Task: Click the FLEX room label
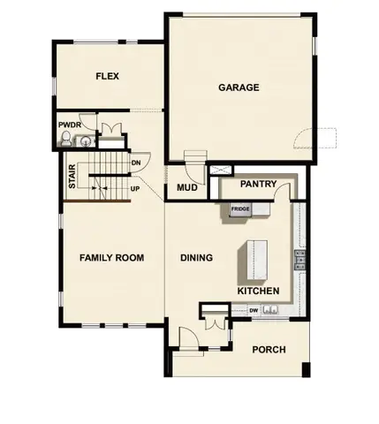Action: (x=107, y=77)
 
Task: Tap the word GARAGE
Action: (x=239, y=87)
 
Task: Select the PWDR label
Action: (x=70, y=125)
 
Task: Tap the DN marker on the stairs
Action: (x=136, y=163)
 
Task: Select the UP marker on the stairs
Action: (x=135, y=188)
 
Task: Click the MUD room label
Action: (x=186, y=188)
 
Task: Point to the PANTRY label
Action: (x=259, y=185)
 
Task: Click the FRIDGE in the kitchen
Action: (x=239, y=209)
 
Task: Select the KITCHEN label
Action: (x=259, y=291)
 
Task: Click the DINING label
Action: (x=196, y=258)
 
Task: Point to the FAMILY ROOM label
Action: (x=111, y=258)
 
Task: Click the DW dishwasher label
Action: (x=254, y=310)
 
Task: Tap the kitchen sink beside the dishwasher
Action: (x=270, y=310)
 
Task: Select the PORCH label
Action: (x=269, y=350)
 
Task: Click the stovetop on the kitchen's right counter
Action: (x=299, y=258)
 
